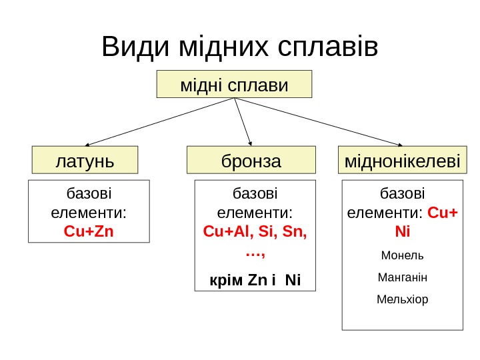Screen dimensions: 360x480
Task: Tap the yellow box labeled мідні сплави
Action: point(234,85)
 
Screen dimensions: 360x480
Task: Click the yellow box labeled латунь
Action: point(85,160)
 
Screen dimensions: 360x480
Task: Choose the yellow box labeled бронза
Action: point(251,160)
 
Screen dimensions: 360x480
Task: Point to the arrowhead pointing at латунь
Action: point(87,144)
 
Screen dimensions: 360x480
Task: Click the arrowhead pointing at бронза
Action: point(251,143)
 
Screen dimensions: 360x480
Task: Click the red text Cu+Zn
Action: point(89,232)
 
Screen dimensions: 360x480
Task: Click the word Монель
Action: point(401,255)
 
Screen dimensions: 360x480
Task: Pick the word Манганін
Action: point(402,277)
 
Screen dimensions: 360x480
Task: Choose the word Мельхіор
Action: point(402,299)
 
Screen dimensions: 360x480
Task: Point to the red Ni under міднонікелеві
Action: point(402,233)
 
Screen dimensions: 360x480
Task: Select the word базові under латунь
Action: point(89,194)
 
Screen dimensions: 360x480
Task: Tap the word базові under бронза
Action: point(255,194)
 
